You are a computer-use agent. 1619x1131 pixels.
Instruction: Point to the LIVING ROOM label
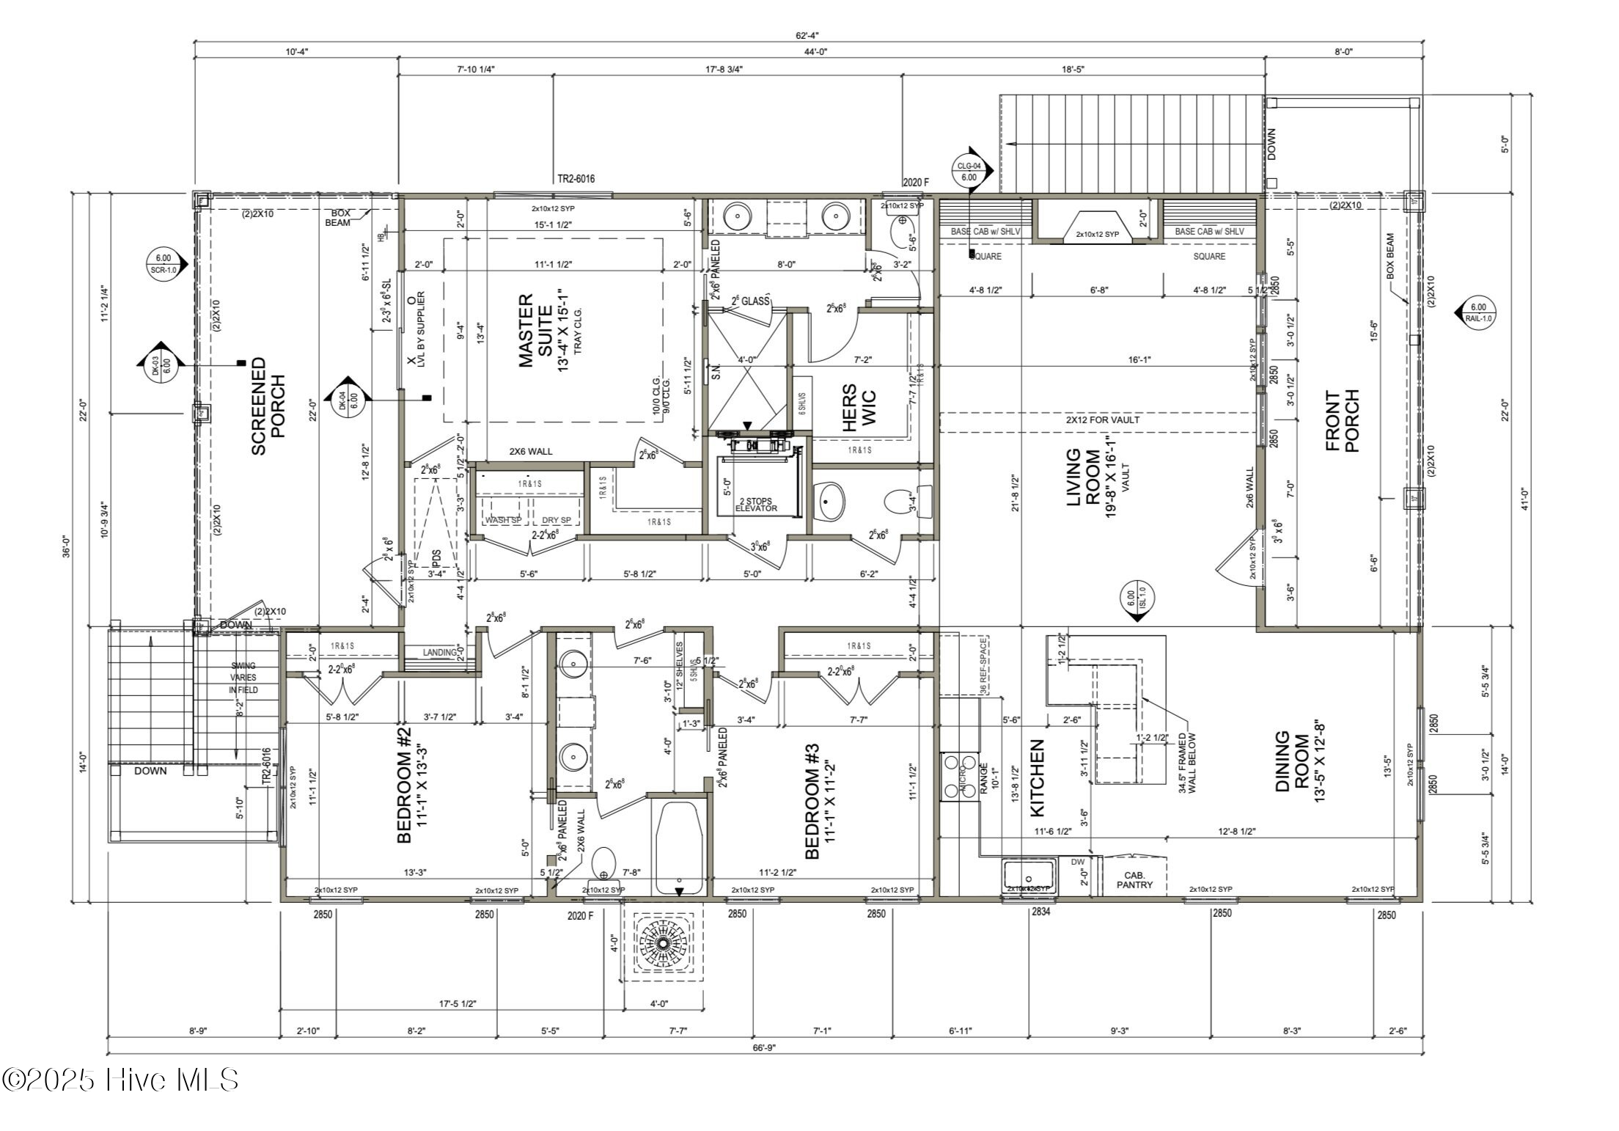1083,477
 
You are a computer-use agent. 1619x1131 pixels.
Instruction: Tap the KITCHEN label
1038,777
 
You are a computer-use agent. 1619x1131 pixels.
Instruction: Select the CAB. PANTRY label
1134,879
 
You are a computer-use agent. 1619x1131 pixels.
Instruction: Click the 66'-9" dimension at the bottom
763,1047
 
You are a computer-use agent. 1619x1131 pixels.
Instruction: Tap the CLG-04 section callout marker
969,172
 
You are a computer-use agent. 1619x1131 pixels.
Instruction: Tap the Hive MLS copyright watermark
121,1080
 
